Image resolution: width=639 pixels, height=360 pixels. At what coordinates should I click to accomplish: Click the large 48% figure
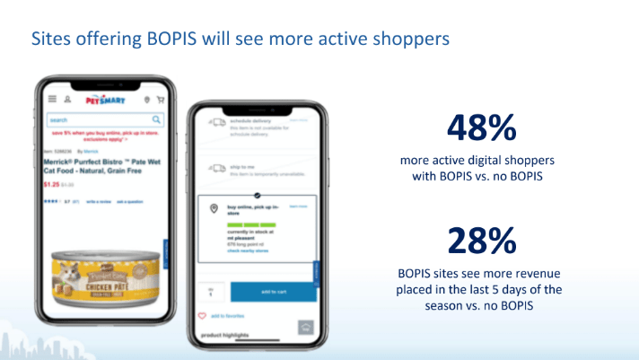481,127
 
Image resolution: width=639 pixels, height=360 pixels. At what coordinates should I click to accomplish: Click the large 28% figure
481,241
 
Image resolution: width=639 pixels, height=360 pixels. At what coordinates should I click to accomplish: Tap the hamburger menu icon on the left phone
53,100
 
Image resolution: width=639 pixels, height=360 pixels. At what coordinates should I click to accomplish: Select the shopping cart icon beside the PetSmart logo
161,100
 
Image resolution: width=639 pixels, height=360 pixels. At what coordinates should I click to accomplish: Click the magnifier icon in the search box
156,119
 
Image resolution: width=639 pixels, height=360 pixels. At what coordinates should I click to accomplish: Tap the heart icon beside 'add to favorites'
201,316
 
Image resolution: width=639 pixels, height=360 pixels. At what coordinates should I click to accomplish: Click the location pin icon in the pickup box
214,209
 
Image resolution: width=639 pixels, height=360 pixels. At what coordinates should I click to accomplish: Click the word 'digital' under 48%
491,160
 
